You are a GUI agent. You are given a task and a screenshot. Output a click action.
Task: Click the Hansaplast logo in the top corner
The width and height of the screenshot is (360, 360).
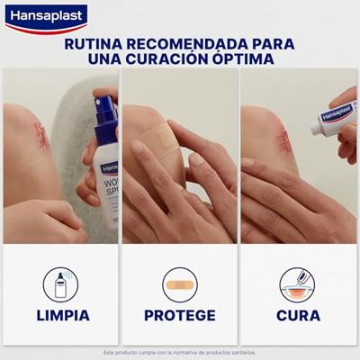pos(45,16)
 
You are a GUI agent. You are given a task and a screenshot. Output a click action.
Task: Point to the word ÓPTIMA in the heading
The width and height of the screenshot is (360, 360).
pos(249,59)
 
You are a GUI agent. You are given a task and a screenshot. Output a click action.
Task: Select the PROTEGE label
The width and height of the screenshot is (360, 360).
pos(180,315)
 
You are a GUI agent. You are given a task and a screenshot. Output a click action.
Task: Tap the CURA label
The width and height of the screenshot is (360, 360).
pos(298,315)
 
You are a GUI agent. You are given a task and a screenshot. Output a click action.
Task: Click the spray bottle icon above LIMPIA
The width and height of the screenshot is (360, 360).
pos(61,284)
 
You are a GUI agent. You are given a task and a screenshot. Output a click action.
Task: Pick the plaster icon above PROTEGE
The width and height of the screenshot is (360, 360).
pos(180,284)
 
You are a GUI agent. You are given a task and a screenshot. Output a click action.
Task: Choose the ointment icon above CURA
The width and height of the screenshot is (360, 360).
pos(298,284)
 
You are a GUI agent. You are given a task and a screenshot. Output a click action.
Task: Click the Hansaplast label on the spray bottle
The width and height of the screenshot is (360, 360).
pos(108,168)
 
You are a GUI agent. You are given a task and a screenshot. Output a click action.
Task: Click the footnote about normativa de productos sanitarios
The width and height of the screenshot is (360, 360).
pos(180,352)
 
